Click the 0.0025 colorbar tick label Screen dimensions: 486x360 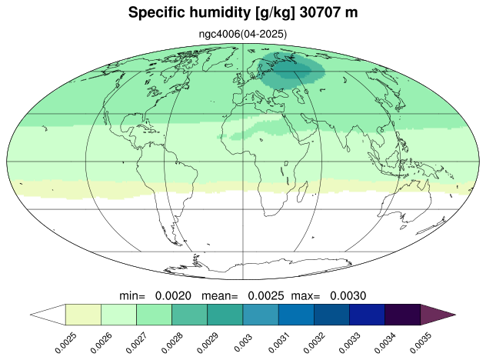[x=66, y=343]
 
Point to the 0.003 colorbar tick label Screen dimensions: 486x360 [x=243, y=342]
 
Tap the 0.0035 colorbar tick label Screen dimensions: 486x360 [x=421, y=343]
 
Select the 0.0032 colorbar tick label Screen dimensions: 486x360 [x=315, y=343]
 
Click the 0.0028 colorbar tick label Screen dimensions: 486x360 [x=173, y=343]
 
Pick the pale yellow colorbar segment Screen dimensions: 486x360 [x=83, y=315]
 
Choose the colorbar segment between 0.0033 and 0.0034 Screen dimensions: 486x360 [x=367, y=315]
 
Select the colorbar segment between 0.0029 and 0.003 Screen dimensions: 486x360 [x=225, y=315]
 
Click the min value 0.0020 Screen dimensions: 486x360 [x=173, y=296]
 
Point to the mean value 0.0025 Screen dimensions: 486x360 [x=265, y=296]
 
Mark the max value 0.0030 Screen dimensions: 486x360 [x=348, y=296]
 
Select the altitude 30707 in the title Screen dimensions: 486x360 [x=319, y=13]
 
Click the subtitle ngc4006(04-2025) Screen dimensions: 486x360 [x=243, y=34]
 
